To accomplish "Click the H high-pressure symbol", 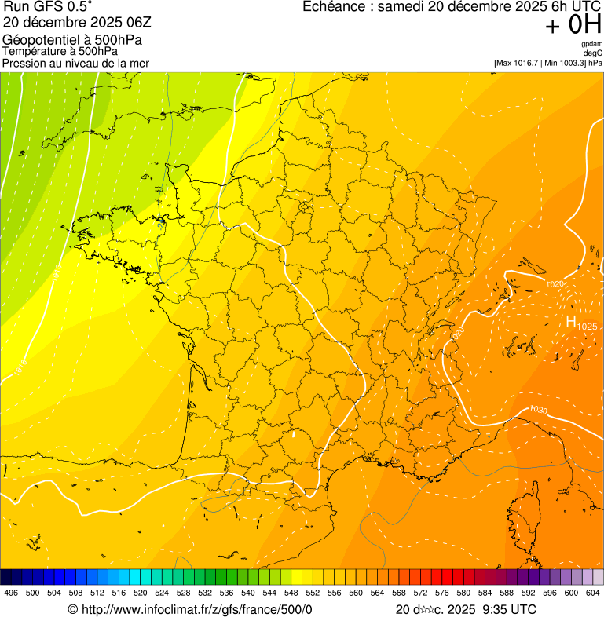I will tap(571, 321).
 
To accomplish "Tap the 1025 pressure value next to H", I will tap(588, 326).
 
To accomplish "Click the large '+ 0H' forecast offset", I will tap(573, 25).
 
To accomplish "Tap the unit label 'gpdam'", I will tap(591, 44).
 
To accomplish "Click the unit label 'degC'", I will tap(593, 53).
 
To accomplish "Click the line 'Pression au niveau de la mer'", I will tap(75, 63).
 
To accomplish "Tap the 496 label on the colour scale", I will tap(11, 593).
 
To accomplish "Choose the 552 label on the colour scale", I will tap(313, 593).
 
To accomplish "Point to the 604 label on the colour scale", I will tap(593, 593).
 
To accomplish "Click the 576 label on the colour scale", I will tap(442, 593).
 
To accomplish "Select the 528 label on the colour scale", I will tap(183, 593).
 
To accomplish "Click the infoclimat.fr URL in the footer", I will tap(196, 609).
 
